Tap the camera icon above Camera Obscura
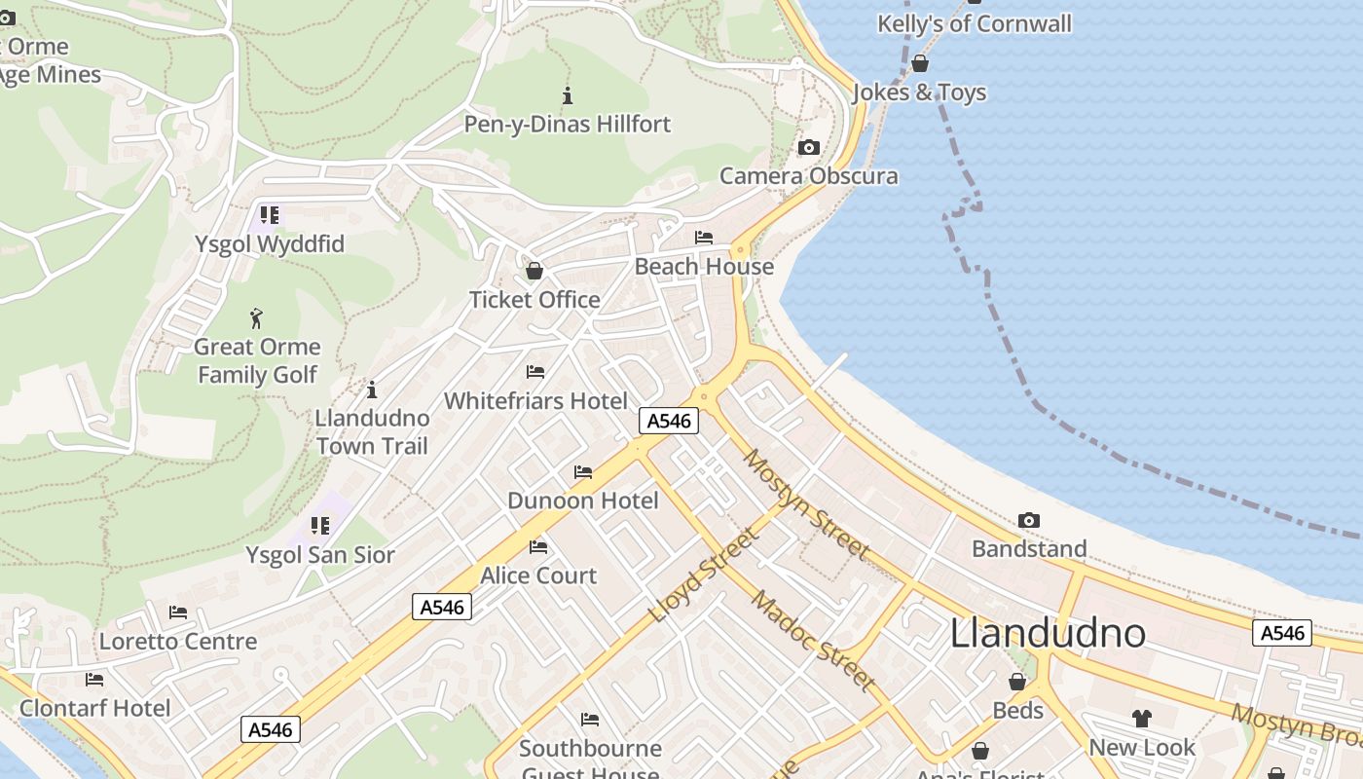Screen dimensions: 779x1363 click(808, 148)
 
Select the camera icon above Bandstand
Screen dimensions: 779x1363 click(1028, 521)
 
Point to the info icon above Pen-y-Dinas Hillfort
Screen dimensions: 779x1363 click(568, 95)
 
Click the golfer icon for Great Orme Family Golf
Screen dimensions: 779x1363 click(257, 318)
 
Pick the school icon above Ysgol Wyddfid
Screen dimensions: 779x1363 click(270, 214)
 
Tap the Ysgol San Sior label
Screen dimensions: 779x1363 click(319, 555)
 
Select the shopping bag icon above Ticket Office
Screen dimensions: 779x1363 click(534, 271)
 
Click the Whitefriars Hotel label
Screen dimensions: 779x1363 click(535, 400)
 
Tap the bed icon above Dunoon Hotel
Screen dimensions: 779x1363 click(583, 472)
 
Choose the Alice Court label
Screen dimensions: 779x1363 click(538, 575)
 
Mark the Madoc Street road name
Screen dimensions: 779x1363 click(813, 640)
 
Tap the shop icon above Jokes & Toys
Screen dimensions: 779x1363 click(920, 64)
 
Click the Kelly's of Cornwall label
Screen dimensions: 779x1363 click(974, 23)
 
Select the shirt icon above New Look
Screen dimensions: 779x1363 click(1141, 719)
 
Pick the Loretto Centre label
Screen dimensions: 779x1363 click(178, 642)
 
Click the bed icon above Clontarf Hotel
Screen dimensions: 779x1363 click(94, 680)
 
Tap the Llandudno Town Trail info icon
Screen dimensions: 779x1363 click(371, 390)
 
